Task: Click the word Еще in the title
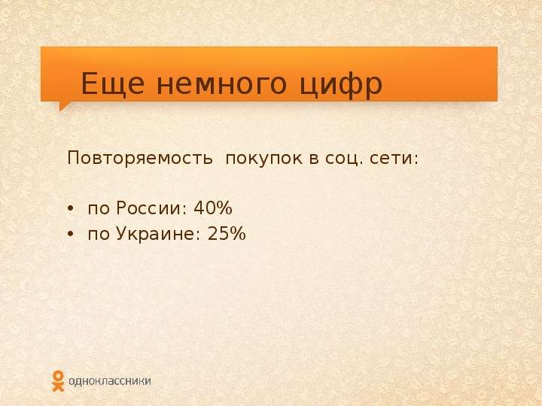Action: (113, 83)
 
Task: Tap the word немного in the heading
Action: (222, 84)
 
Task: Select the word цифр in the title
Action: (341, 86)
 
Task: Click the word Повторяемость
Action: (140, 159)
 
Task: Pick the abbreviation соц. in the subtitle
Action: (344, 159)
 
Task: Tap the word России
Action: (148, 208)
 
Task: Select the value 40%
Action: (213, 208)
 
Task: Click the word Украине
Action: (155, 234)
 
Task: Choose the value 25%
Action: (227, 234)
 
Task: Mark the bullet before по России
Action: (71, 209)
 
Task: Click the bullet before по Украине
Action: (71, 235)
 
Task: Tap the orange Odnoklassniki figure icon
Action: (58, 381)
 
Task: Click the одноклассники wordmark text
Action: (110, 381)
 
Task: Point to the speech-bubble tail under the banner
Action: (63, 106)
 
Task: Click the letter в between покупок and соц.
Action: (314, 159)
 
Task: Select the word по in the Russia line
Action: (98, 210)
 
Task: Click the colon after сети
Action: (416, 159)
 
